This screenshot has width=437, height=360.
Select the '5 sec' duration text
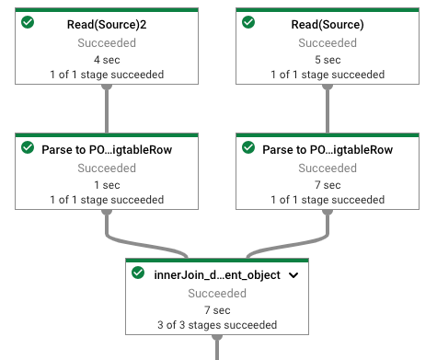point(328,58)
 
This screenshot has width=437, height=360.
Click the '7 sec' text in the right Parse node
point(328,184)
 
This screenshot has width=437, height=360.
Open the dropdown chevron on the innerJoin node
point(293,274)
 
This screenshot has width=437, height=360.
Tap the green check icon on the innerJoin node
point(138,273)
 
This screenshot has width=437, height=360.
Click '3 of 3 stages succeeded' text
point(218,325)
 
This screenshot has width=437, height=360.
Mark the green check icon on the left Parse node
point(28,147)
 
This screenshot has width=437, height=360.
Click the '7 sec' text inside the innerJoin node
point(218,309)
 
